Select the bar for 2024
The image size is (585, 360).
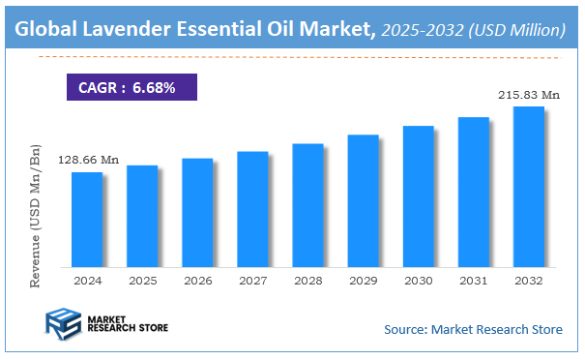tap(86, 219)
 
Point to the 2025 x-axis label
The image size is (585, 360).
tap(141, 280)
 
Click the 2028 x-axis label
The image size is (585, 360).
tap(307, 280)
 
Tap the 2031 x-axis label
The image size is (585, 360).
tap(473, 280)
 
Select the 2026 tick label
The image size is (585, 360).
tap(196, 280)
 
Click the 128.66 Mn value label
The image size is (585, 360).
tap(87, 160)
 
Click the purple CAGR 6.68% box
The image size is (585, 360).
tap(131, 88)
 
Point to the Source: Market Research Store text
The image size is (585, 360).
tap(473, 330)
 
